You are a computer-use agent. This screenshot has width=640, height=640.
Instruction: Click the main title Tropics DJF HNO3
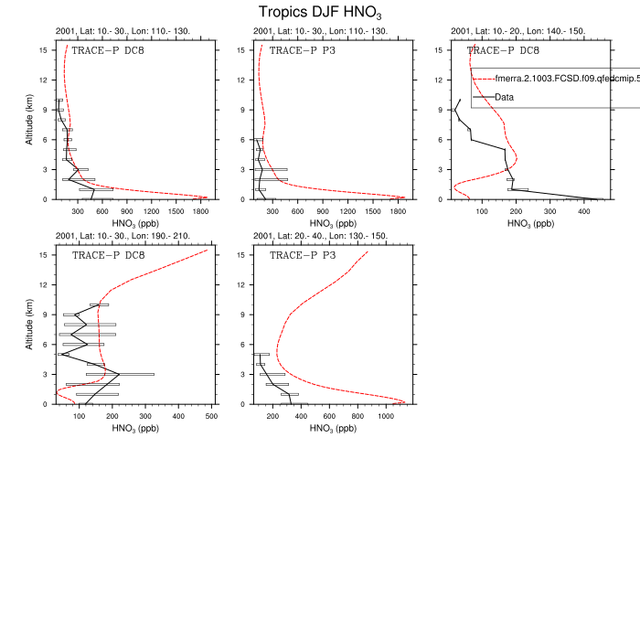(x=319, y=12)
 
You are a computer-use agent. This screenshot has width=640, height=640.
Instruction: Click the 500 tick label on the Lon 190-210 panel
(x=211, y=417)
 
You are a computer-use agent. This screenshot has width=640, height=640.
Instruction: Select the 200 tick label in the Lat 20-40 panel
(x=272, y=417)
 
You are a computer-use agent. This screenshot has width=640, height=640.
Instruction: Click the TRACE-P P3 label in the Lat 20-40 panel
(x=303, y=256)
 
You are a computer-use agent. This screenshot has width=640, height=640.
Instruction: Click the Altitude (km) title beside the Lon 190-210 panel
(x=31, y=327)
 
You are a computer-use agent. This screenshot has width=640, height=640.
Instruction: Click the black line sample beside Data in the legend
(x=483, y=96)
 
